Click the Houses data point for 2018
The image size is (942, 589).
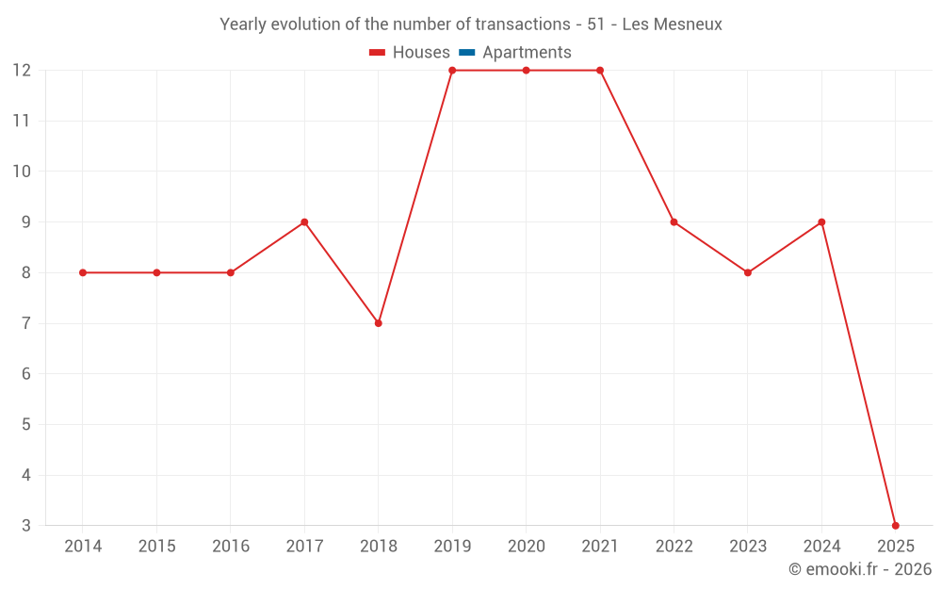378,323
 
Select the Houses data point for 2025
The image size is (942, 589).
895,525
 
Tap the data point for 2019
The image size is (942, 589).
452,71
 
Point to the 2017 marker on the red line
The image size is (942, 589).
304,222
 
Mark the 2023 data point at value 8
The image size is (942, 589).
748,272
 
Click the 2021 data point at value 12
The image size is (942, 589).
600,71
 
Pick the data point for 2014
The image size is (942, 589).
83,272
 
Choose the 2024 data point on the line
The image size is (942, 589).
821,222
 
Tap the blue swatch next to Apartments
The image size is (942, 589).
467,53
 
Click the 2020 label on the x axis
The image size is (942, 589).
526,547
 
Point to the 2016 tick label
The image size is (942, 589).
231,547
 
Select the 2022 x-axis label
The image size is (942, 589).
674,547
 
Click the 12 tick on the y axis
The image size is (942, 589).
22,71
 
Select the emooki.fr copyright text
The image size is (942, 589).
860,569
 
